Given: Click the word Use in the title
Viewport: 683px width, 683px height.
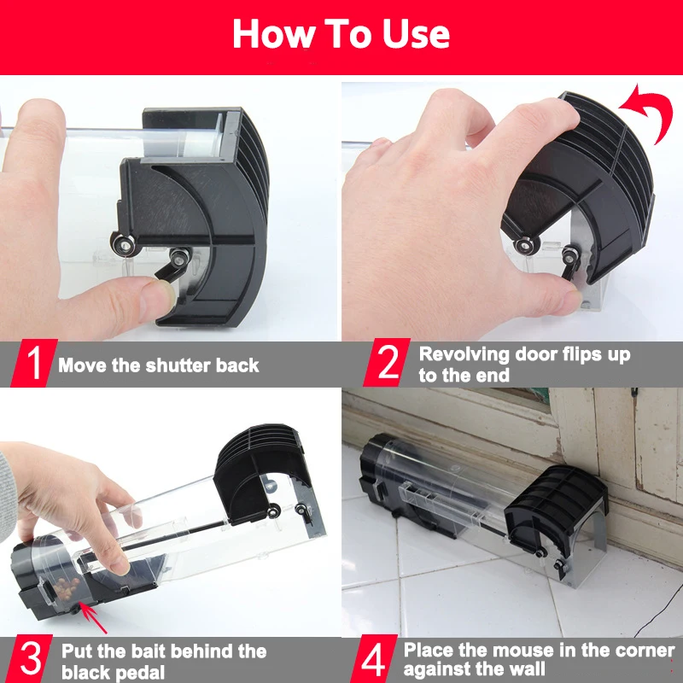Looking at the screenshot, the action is tap(416, 33).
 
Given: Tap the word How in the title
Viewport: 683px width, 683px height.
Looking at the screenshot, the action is tap(273, 33).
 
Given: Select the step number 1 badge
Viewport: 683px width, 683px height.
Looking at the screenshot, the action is tap(33, 363).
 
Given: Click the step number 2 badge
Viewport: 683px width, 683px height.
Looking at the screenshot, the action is tap(387, 362).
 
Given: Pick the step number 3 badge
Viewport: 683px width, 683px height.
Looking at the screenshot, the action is tap(30, 658).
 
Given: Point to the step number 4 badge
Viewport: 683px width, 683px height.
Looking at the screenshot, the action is tap(374, 658).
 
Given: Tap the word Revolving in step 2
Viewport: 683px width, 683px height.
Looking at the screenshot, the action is tap(464, 354).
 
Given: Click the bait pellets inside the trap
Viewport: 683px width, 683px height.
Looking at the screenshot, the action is tap(67, 587).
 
